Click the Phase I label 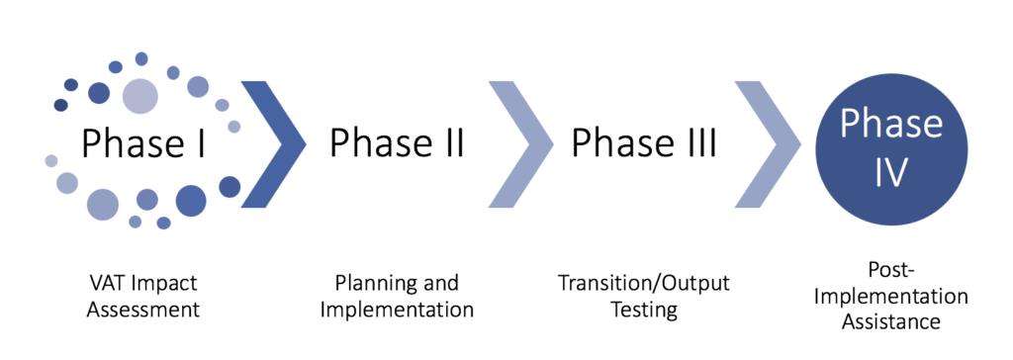(142, 142)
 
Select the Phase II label (397, 142)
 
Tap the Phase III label (643, 142)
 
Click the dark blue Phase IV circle (892, 148)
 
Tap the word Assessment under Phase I (142, 309)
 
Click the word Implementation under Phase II (397, 309)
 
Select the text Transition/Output (644, 283)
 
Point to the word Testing (644, 310)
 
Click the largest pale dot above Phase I (140, 96)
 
